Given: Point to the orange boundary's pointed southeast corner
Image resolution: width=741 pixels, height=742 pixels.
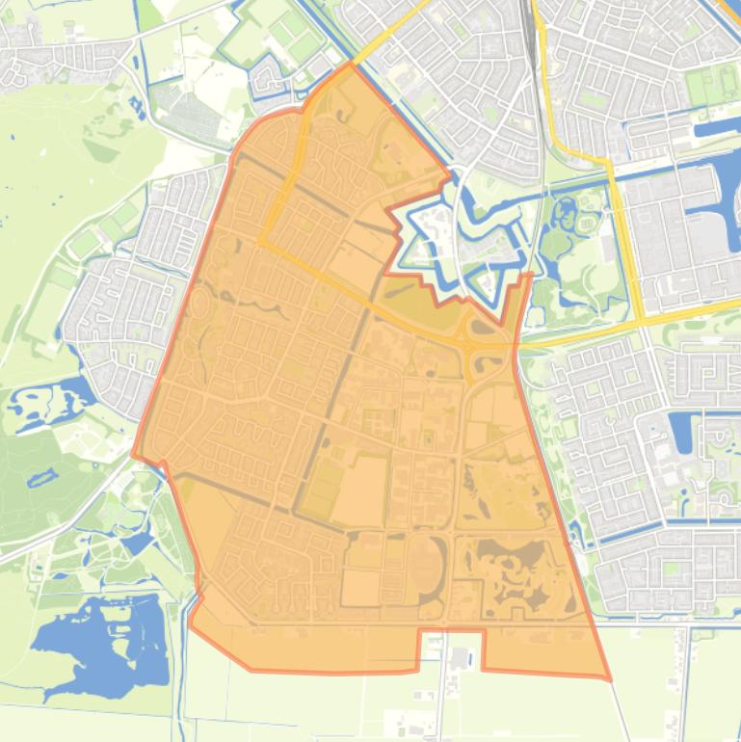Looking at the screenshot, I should pos(609,679).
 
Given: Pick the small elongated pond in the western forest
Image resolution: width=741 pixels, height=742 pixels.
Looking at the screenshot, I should pos(42,476).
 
